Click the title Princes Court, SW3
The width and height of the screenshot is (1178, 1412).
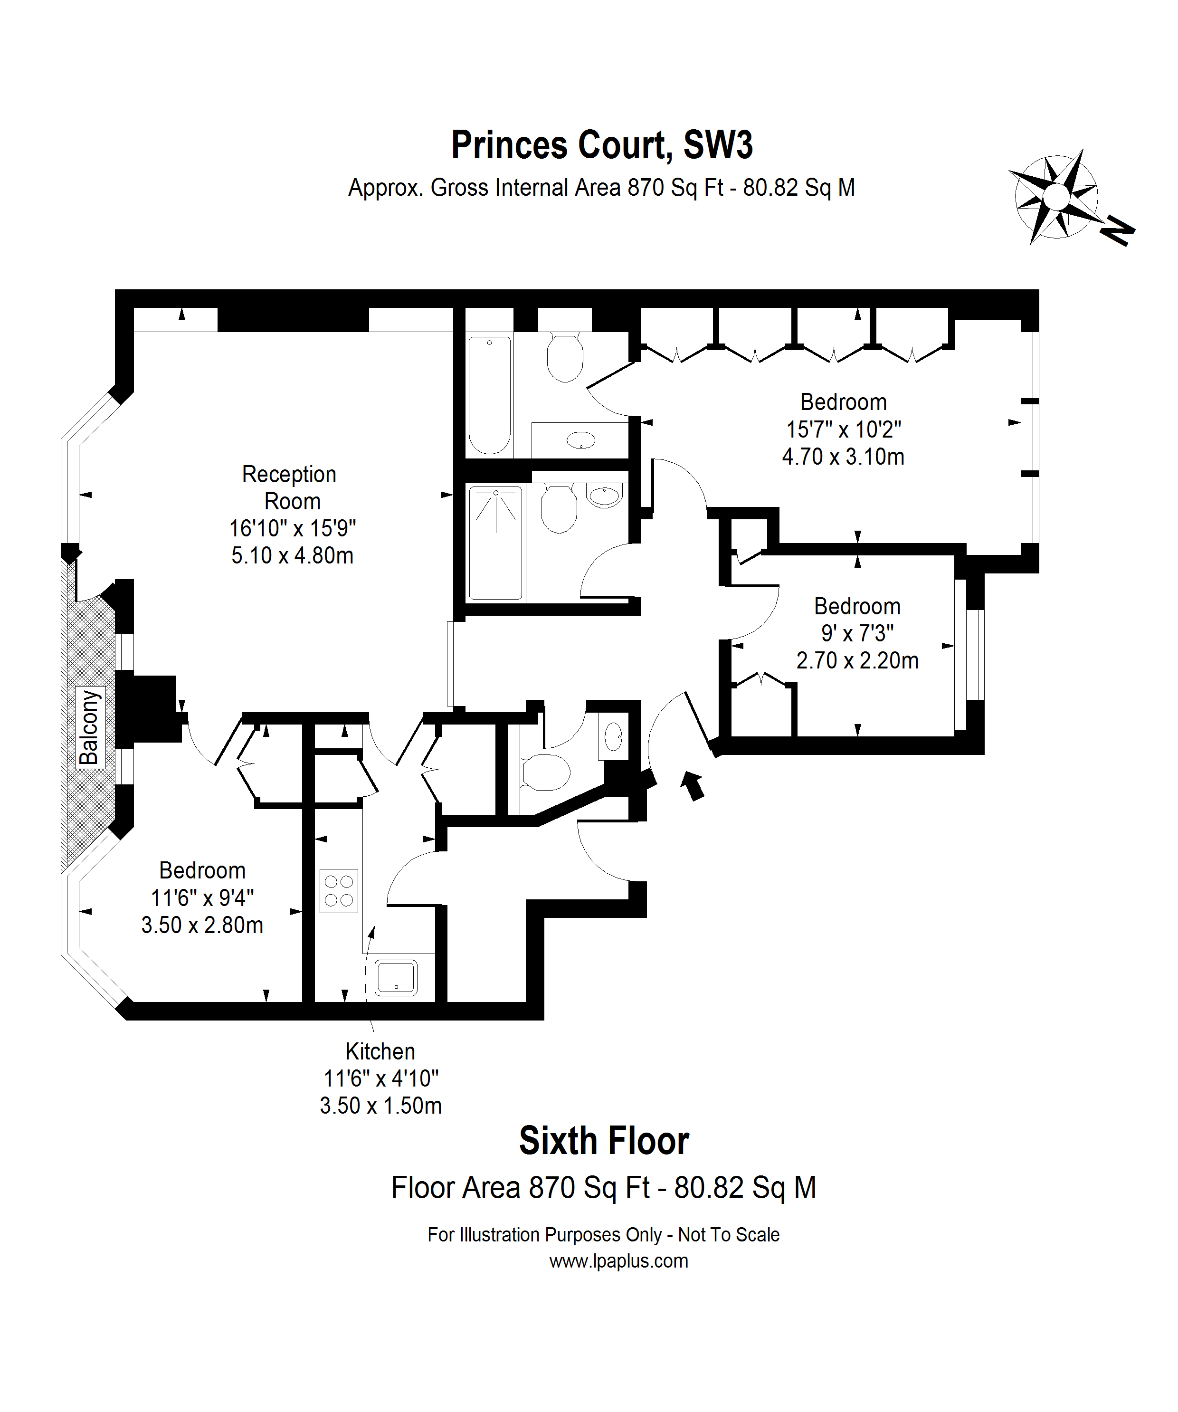point(602,145)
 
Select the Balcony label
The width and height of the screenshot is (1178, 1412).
point(89,727)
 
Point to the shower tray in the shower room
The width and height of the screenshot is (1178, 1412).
point(495,543)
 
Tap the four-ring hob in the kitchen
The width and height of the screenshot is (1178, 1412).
point(339,891)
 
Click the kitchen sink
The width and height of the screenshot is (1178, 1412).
point(396,977)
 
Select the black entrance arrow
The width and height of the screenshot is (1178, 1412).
point(693,785)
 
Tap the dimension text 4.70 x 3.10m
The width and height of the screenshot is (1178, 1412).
point(843,457)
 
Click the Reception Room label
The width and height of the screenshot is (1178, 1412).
point(291,487)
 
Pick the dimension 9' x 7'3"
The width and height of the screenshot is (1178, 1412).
point(857,633)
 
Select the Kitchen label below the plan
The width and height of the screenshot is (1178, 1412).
point(380,1051)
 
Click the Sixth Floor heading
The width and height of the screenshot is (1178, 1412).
point(604,1141)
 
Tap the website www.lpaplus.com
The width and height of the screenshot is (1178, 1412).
point(618,1261)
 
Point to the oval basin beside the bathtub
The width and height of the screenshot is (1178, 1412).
point(581,441)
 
